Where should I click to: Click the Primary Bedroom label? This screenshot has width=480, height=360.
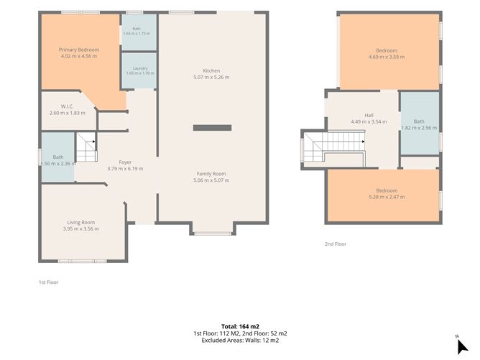tap(79, 50)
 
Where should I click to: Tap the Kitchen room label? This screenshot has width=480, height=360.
tap(211, 70)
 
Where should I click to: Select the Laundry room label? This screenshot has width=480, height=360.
tap(140, 68)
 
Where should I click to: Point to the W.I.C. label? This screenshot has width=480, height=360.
tap(67, 106)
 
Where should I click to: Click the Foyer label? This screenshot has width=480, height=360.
tap(125, 162)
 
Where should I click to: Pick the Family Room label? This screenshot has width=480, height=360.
tap(211, 174)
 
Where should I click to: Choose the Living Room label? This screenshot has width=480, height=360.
tap(81, 223)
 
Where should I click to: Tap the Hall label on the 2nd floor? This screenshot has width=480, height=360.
tap(369, 116)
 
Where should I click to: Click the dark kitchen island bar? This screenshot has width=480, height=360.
tap(212, 128)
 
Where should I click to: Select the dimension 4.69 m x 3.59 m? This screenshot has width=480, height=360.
tap(387, 57)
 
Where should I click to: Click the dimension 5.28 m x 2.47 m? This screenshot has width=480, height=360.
tap(387, 197)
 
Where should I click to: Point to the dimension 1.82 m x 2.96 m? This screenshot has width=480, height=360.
tap(419, 128)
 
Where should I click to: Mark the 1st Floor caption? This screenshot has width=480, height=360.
tap(48, 282)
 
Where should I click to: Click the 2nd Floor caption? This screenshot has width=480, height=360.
tap(336, 244)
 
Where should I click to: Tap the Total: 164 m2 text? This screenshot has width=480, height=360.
tap(240, 327)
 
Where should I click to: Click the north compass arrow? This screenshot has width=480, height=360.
tap(462, 347)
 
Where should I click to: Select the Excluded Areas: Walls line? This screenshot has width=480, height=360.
tap(240, 340)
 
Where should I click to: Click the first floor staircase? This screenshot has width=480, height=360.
tap(87, 147)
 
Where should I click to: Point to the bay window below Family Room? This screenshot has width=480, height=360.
tap(213, 234)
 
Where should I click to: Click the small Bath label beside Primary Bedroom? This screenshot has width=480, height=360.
tap(137, 29)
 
